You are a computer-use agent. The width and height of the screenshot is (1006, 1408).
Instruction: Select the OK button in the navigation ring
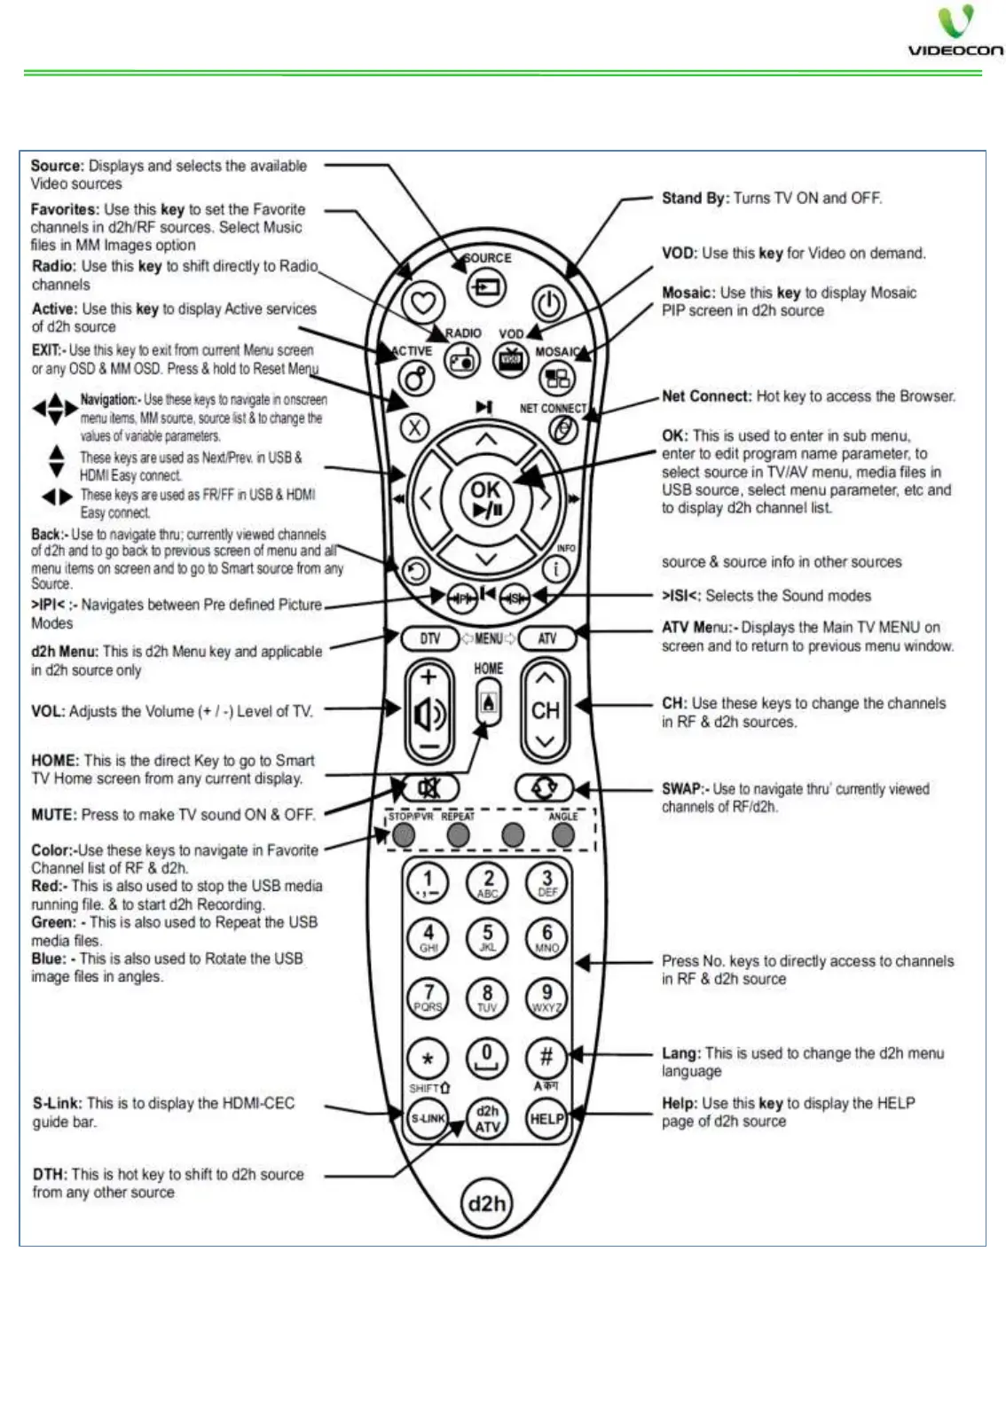click(485, 499)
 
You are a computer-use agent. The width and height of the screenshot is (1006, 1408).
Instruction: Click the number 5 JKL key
click(487, 936)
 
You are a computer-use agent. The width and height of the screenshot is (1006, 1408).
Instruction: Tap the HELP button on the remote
click(546, 1118)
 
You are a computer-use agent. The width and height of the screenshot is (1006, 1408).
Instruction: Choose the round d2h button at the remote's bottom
click(486, 1203)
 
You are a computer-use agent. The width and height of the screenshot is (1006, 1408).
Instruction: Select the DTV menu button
click(429, 638)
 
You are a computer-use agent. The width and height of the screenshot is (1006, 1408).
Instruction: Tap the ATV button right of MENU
click(546, 638)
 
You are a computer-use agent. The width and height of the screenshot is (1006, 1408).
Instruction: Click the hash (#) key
click(546, 1056)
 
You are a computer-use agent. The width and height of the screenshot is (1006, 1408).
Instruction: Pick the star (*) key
click(428, 1059)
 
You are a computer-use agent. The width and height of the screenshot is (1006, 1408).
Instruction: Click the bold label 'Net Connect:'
click(706, 396)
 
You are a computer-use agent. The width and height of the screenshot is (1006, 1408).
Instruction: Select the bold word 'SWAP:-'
click(685, 789)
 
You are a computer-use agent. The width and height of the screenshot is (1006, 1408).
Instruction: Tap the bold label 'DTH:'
click(50, 1174)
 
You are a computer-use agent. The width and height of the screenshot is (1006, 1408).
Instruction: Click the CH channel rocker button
click(546, 710)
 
